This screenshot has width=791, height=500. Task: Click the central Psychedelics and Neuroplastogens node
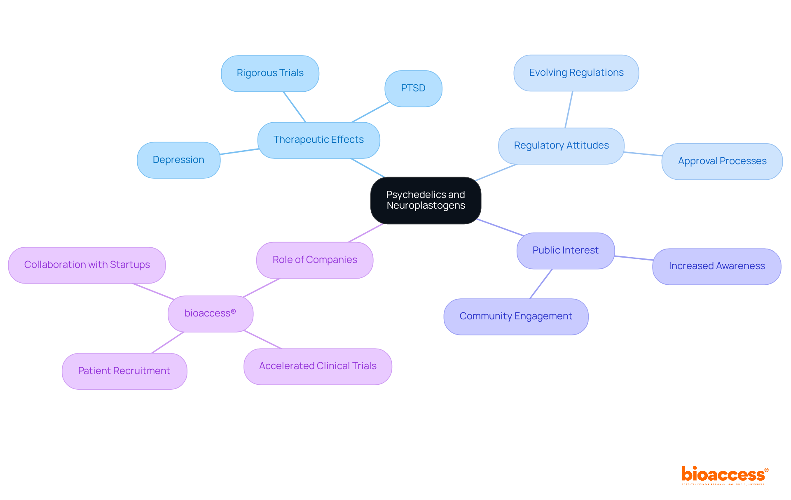click(426, 200)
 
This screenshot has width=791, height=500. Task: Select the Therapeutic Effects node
click(318, 140)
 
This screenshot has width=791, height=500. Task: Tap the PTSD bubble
click(413, 88)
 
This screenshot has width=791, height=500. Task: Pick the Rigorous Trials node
click(270, 73)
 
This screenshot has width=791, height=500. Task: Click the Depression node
click(178, 160)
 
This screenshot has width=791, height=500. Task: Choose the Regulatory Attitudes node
click(561, 146)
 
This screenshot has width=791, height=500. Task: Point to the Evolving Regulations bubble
click(576, 73)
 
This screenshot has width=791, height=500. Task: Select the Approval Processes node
click(722, 161)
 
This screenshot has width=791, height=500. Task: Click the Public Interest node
click(565, 251)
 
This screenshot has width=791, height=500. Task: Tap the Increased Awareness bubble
click(716, 266)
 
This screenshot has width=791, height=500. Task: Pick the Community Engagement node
click(516, 316)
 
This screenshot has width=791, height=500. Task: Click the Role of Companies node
click(315, 260)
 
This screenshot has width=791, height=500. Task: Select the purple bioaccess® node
click(210, 314)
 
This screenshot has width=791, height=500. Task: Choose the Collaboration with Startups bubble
click(87, 265)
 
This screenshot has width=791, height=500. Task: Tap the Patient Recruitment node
click(124, 371)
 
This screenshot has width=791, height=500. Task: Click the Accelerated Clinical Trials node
click(318, 366)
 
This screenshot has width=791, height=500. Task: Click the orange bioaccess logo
click(724, 474)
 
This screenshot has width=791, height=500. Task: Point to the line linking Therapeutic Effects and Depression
click(239, 151)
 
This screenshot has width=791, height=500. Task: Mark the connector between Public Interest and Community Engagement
click(541, 284)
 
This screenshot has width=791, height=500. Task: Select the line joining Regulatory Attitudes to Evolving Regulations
click(569, 109)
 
